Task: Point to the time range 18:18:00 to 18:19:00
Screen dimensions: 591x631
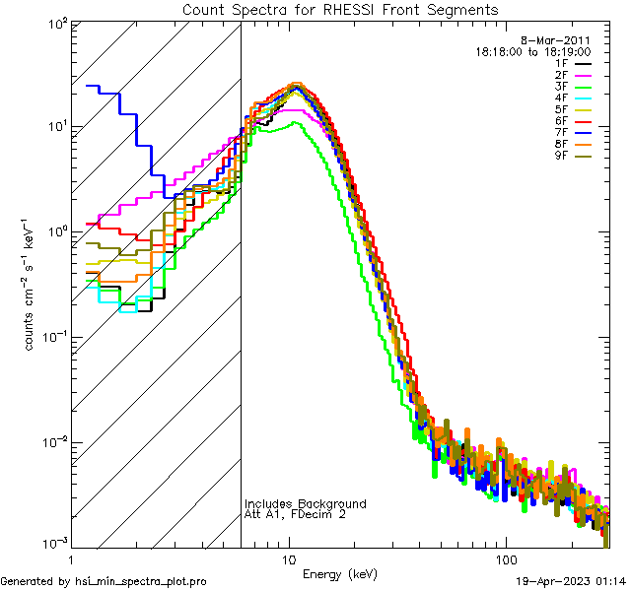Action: click(x=532, y=50)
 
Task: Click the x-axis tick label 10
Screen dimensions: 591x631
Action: click(x=289, y=558)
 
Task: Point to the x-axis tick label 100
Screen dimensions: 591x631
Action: click(x=505, y=558)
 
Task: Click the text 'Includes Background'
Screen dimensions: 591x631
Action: click(x=306, y=503)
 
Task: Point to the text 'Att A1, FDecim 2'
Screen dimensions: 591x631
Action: click(x=296, y=514)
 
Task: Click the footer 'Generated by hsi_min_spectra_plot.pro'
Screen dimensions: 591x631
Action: click(x=104, y=581)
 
